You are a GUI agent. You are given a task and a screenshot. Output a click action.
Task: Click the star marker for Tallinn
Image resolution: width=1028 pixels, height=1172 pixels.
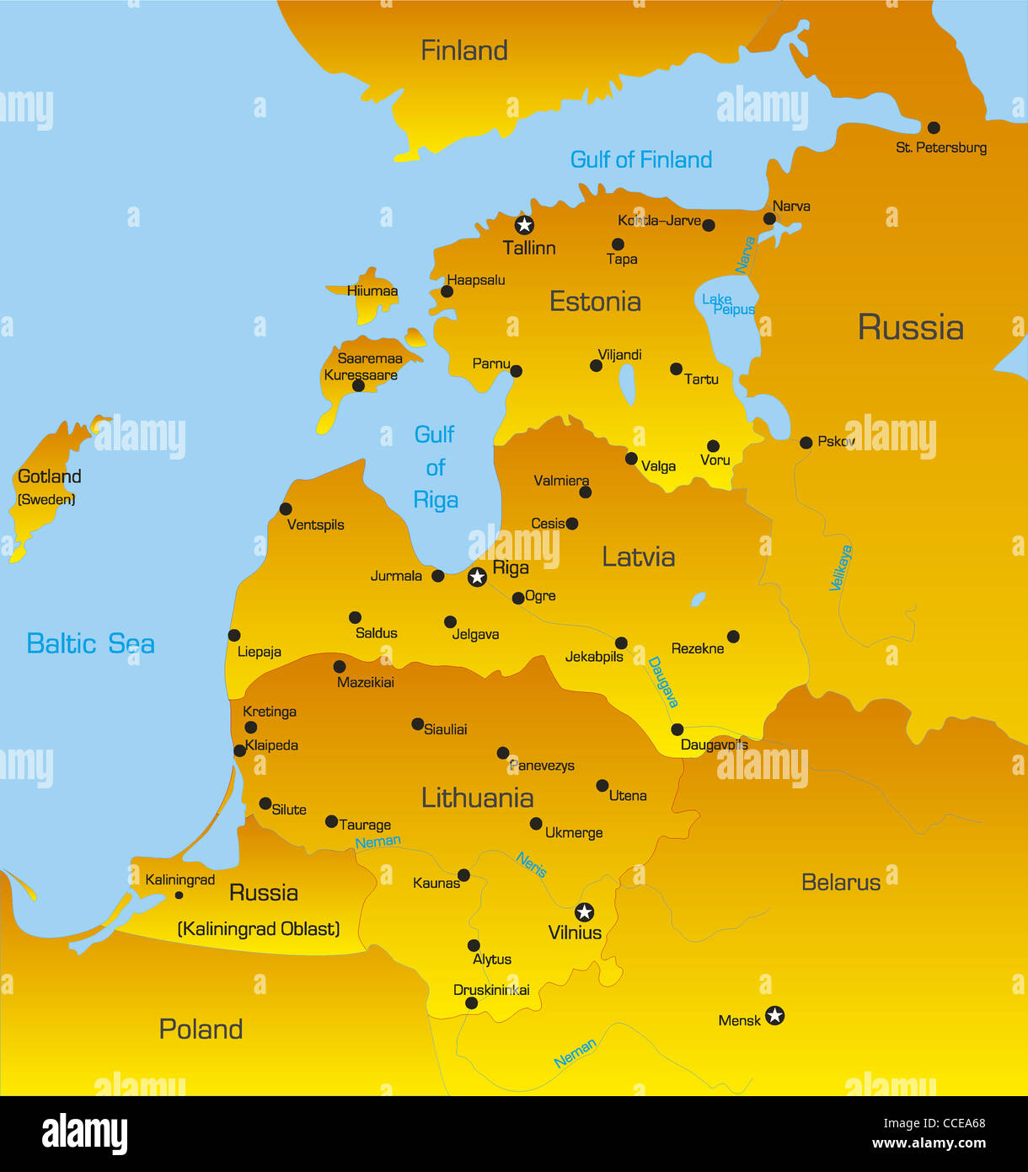point(524,224)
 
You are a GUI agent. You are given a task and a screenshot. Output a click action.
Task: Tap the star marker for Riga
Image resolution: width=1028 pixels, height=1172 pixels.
point(477,577)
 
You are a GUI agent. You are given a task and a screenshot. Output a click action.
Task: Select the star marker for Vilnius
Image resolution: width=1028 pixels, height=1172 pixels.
point(584,911)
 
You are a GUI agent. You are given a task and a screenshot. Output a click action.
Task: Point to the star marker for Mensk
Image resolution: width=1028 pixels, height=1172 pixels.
point(774,1015)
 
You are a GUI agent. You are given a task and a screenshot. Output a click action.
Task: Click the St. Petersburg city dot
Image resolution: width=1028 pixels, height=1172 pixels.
point(934,128)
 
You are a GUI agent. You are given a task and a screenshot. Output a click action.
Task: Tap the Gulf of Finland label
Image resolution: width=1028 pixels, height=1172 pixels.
point(640,159)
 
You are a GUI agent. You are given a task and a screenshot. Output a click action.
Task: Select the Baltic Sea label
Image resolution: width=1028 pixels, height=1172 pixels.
point(90,644)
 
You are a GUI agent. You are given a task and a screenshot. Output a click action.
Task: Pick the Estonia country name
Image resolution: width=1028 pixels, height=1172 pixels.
point(595,302)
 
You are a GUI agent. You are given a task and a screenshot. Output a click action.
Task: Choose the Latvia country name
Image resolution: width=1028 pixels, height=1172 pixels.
point(638,557)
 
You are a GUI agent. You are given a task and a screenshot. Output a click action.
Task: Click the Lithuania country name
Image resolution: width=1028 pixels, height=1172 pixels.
point(477,798)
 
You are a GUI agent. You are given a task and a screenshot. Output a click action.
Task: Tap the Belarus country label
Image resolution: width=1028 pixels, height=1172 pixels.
point(840,883)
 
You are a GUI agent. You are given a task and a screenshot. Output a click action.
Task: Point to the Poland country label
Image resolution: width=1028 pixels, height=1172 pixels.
point(201,1030)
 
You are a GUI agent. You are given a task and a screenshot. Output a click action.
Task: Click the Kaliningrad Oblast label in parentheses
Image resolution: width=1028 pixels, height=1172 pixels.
point(259,929)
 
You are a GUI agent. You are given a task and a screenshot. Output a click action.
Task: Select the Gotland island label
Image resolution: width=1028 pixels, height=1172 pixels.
point(50,477)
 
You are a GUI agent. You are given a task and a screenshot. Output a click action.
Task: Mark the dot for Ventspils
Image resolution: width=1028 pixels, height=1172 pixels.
point(286,508)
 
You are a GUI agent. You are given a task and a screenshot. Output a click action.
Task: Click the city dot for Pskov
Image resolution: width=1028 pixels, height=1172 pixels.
point(806,443)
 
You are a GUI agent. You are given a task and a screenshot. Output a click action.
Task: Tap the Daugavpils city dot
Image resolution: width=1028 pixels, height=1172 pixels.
point(677,729)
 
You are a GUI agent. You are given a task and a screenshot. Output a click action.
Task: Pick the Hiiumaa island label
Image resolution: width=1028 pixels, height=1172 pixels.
point(372,291)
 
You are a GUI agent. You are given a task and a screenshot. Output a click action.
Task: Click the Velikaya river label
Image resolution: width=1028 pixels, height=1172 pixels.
point(841,567)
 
